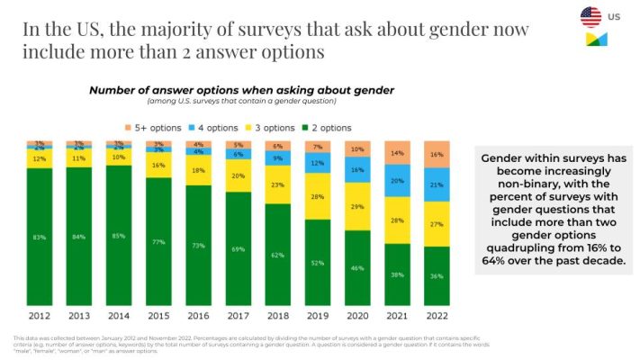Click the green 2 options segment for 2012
[x=40, y=238]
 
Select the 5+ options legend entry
[x=157, y=128]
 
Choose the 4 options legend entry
[x=212, y=128]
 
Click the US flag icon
[x=590, y=16]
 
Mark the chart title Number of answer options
[x=240, y=91]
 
